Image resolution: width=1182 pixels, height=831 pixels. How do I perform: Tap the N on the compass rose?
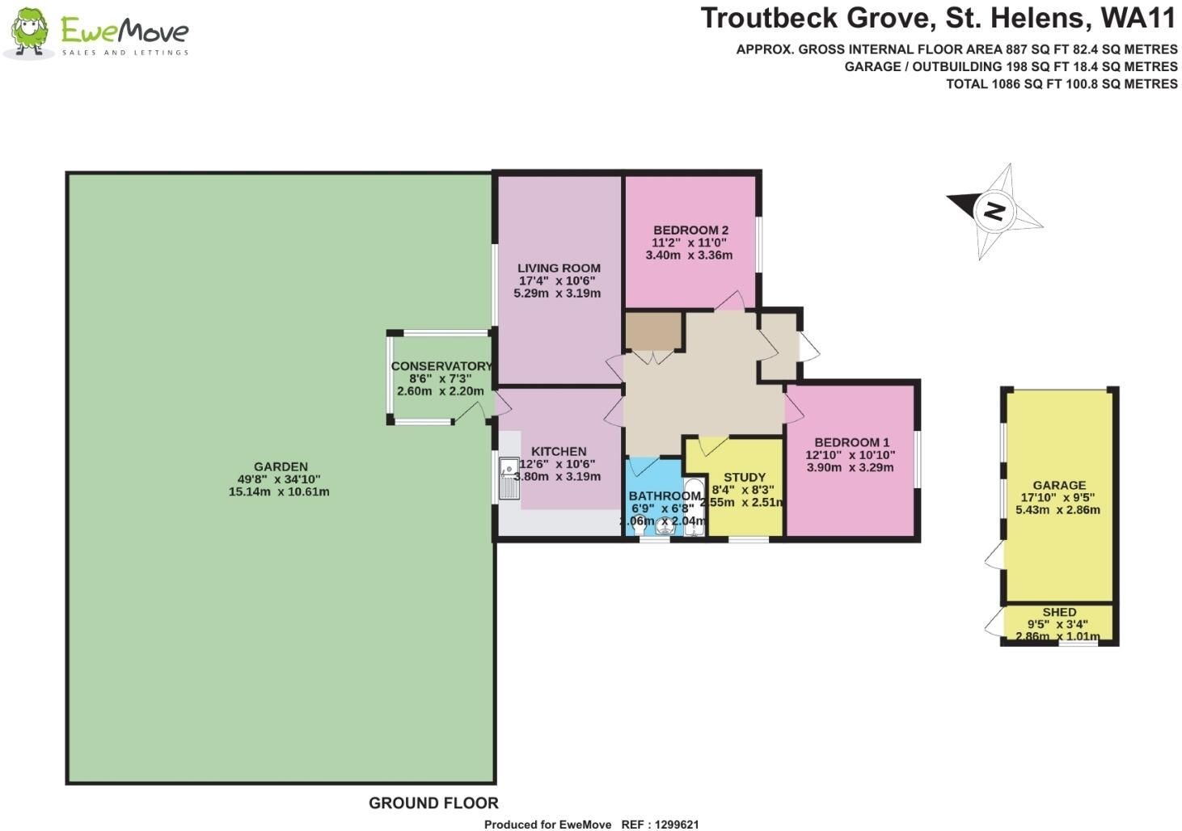pos(994,211)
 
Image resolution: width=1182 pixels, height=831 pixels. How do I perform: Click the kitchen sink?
pos(509,478)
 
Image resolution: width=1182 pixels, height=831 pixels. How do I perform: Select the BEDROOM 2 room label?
pos(690,230)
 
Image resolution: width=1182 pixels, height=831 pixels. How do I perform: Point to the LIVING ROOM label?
pos(559,268)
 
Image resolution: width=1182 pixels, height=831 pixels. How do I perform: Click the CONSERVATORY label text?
pos(441,366)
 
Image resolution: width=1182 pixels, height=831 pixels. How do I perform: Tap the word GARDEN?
pos(281,466)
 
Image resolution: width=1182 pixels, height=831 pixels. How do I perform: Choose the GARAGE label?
pos(1059,485)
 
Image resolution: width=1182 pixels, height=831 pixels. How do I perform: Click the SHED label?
pos(1059,612)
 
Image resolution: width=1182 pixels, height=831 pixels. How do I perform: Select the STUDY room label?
pos(745,477)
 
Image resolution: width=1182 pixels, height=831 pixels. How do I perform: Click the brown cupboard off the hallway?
pos(654,331)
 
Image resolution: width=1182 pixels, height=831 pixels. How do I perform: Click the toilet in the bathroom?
pos(639,525)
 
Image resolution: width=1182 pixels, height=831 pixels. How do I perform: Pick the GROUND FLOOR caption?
pos(433,803)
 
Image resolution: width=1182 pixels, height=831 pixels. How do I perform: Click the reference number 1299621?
pos(677,825)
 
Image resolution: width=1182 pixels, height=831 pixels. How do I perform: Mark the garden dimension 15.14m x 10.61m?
pos(279,491)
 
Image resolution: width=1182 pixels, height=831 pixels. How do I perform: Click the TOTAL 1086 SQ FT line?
pos(1062,84)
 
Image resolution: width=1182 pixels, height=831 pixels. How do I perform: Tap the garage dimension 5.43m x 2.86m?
pos(1058,510)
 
